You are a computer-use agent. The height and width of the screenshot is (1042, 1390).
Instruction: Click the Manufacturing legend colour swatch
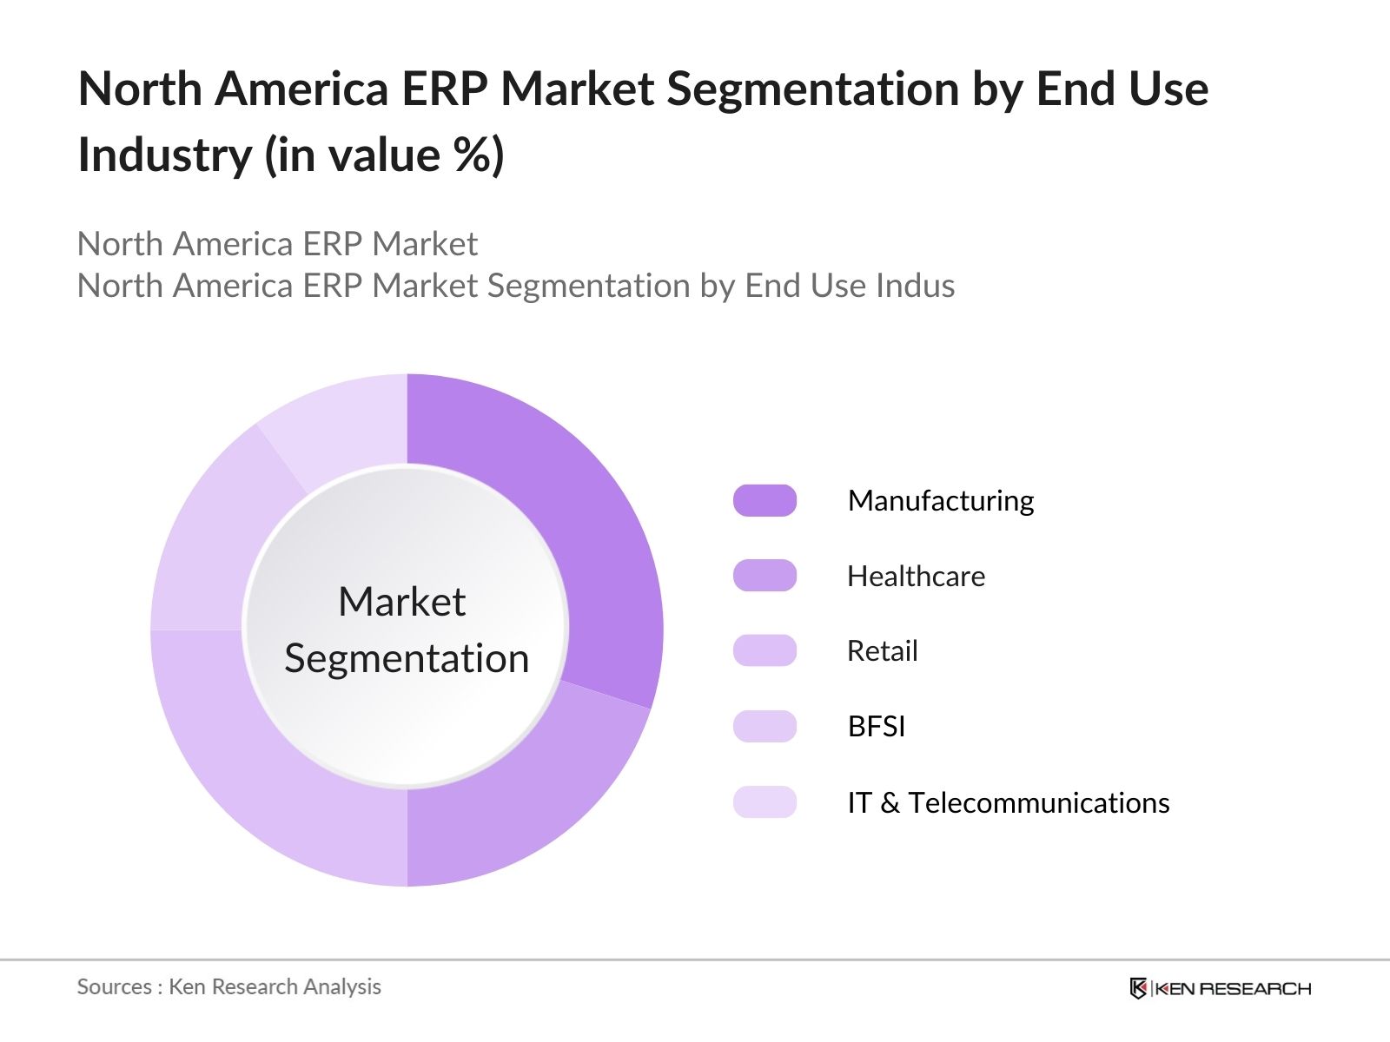[764, 501]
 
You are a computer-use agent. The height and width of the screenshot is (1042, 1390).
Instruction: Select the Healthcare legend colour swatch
[764, 576]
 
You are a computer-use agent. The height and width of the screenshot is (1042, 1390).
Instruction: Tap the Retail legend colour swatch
[764, 650]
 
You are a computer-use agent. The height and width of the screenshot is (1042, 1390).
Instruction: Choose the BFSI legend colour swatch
[764, 726]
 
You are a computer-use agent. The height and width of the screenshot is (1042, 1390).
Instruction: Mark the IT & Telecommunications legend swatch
[764, 802]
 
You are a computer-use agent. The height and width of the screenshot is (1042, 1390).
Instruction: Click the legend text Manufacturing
[941, 501]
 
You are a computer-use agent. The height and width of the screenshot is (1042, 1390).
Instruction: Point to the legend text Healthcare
[916, 576]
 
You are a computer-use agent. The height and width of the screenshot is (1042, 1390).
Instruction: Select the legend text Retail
[882, 650]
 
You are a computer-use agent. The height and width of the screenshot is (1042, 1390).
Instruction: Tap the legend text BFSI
[876, 726]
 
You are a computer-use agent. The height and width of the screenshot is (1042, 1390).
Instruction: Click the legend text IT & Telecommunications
[1008, 802]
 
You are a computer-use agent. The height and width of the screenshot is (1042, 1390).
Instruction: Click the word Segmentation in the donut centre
[407, 658]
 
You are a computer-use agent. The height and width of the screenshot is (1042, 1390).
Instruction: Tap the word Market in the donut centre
[401, 602]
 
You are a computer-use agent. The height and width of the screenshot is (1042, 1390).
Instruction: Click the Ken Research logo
[1220, 988]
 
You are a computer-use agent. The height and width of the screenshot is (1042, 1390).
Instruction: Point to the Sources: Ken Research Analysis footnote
[228, 986]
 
